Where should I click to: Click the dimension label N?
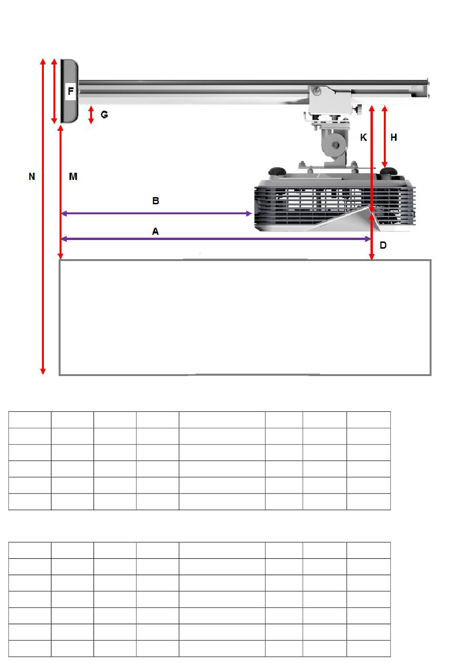(x=32, y=177)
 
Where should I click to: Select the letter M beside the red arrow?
(x=73, y=177)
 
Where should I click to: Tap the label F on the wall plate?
(x=71, y=91)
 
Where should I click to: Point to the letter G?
(x=104, y=115)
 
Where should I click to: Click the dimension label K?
(x=363, y=137)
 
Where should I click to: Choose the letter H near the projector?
(x=394, y=137)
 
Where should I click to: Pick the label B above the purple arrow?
(x=155, y=201)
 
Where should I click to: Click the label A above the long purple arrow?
(x=155, y=231)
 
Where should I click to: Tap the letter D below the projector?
(x=383, y=245)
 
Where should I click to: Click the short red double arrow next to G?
(x=91, y=115)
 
